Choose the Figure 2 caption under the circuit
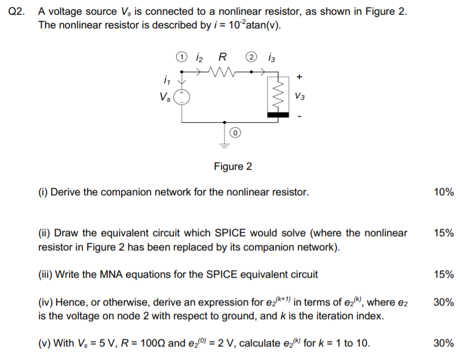(232, 166)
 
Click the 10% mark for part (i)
(443, 192)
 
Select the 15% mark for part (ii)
(443, 233)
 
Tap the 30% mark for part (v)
(443, 343)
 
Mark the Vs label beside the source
(166, 97)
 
